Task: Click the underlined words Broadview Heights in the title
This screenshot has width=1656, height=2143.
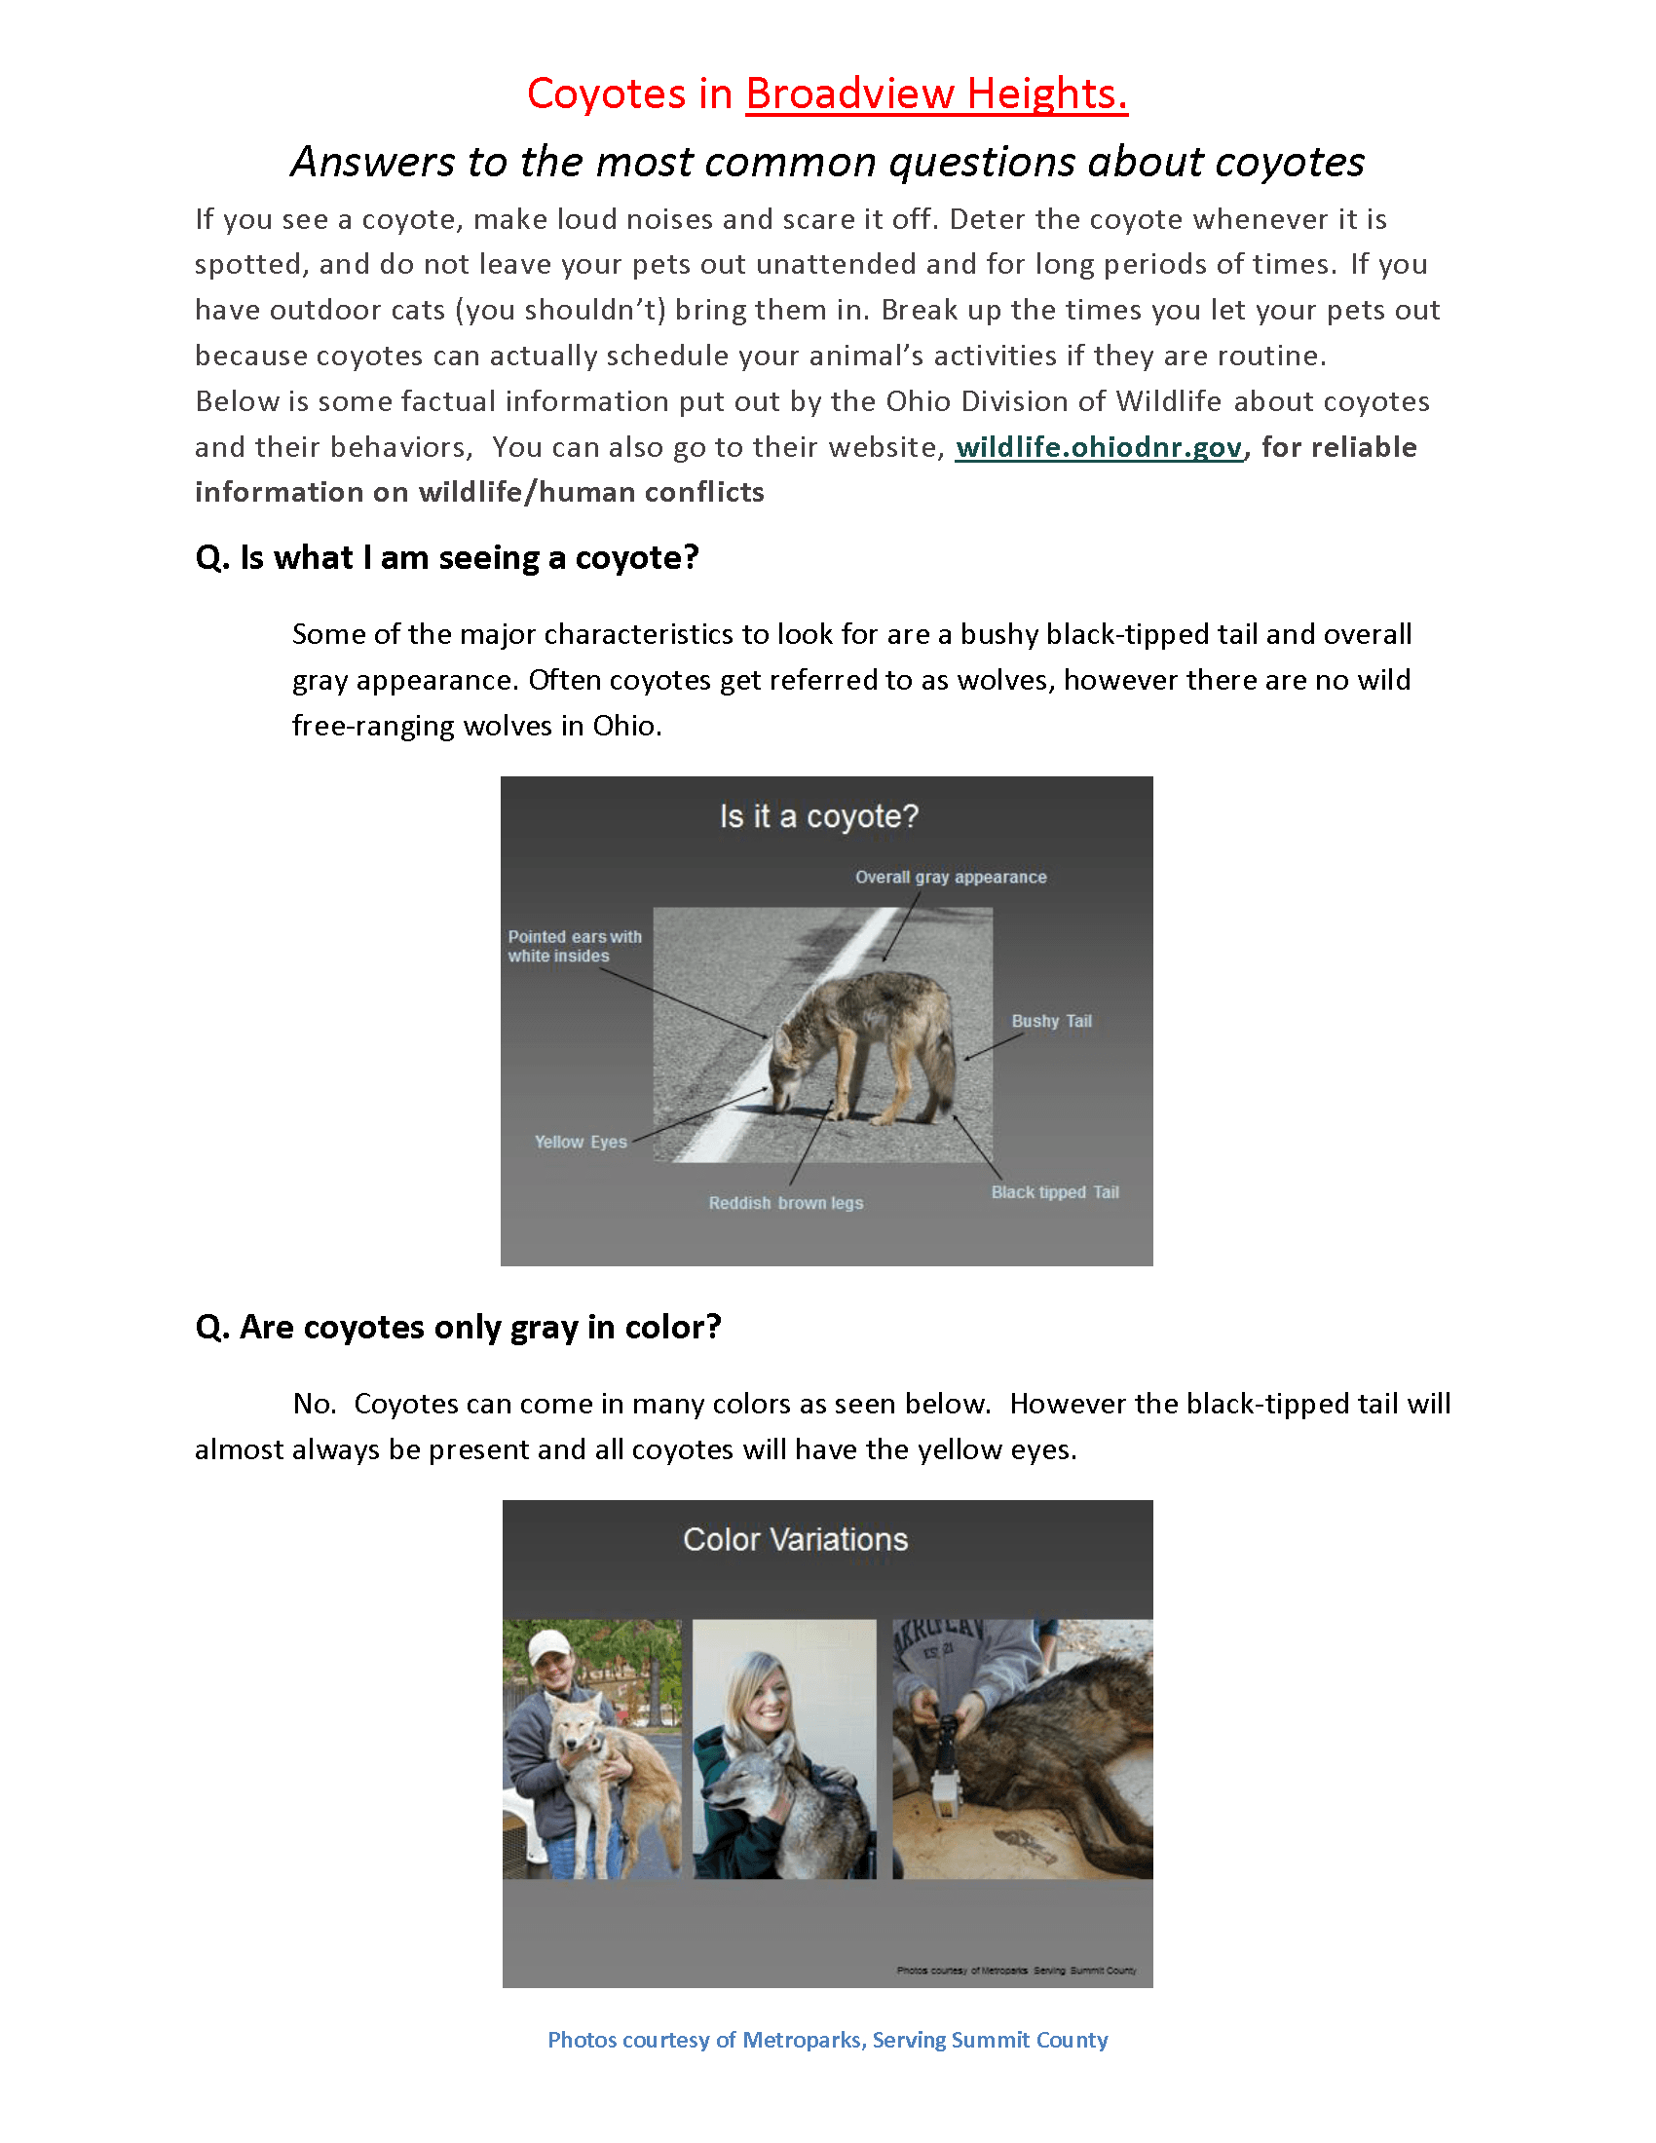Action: (x=936, y=94)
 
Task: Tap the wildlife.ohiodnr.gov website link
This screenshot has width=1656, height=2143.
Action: (x=1099, y=447)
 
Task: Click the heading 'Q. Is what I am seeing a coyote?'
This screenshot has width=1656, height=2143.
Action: (x=446, y=558)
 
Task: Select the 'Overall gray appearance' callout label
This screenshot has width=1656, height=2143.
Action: (x=950, y=878)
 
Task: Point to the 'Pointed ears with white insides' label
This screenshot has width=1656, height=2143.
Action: (x=574, y=946)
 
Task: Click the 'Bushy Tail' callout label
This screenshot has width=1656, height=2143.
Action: (x=1051, y=1022)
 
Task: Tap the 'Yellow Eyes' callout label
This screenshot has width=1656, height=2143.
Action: (x=580, y=1143)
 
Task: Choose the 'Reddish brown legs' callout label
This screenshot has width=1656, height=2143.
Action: (x=786, y=1203)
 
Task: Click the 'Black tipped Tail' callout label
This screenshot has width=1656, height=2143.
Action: (x=1054, y=1192)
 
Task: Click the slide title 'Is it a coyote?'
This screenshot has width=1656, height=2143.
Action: (x=819, y=816)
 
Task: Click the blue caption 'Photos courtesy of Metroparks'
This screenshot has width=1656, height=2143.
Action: (x=827, y=2040)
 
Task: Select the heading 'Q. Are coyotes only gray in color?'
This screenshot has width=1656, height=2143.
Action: (x=458, y=1328)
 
